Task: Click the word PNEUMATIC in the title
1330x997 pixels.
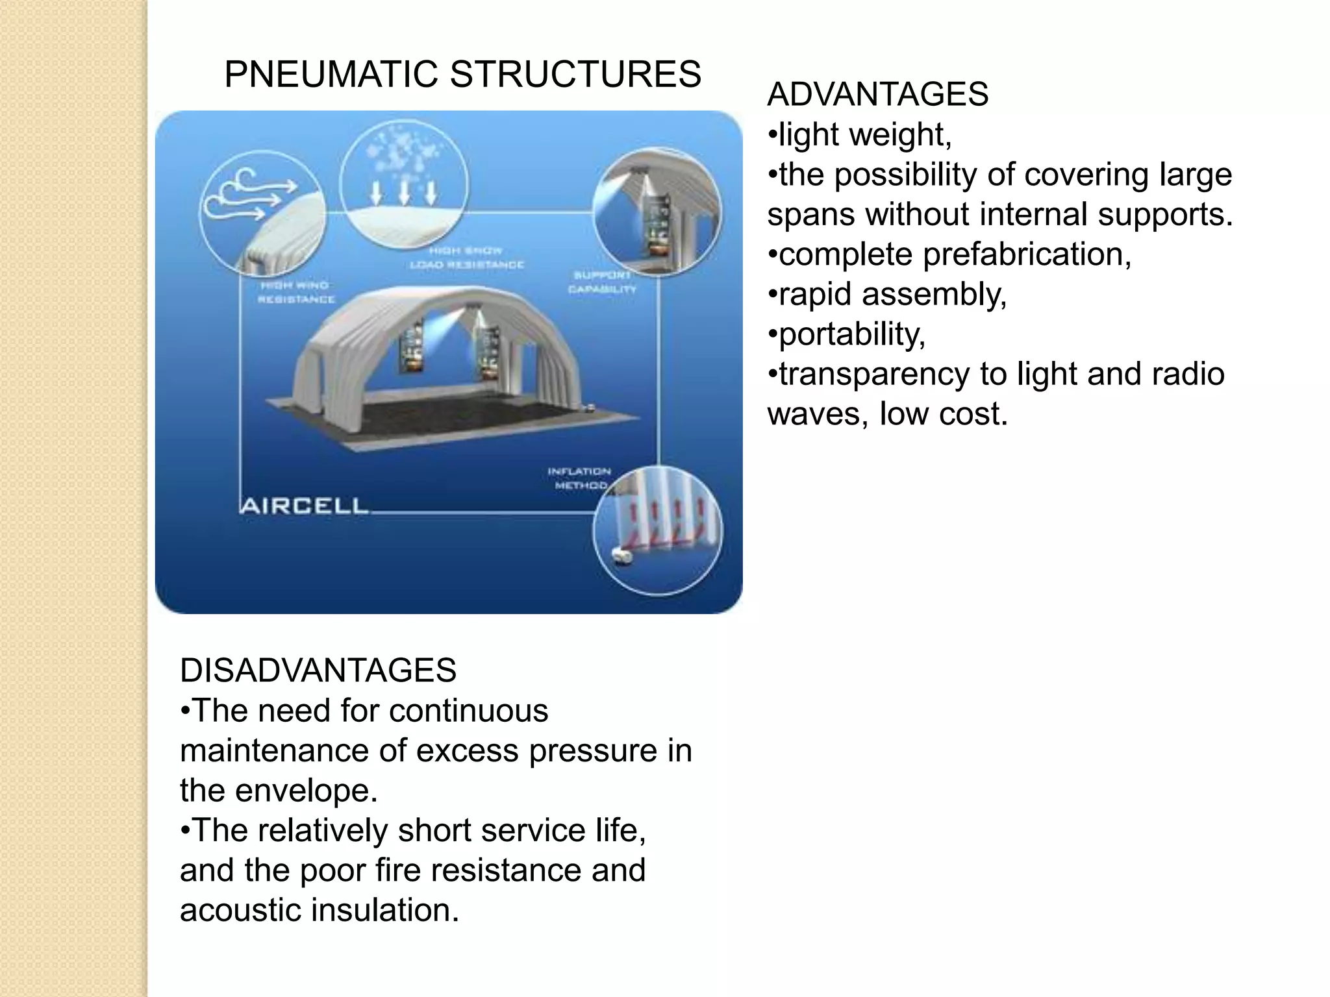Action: click(331, 74)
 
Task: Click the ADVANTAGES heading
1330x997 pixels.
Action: click(877, 94)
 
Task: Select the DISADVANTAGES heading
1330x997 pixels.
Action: click(318, 670)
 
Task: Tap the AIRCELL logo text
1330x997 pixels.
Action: click(304, 506)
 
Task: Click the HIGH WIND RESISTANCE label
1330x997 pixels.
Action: click(296, 292)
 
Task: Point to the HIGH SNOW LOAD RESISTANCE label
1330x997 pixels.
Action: click(466, 258)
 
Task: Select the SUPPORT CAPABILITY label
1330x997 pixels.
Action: click(602, 282)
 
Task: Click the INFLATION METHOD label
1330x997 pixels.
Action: click(579, 478)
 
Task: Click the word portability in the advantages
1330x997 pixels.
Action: click(851, 334)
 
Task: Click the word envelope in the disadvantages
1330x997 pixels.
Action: click(306, 790)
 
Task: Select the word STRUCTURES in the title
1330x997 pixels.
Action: click(575, 74)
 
